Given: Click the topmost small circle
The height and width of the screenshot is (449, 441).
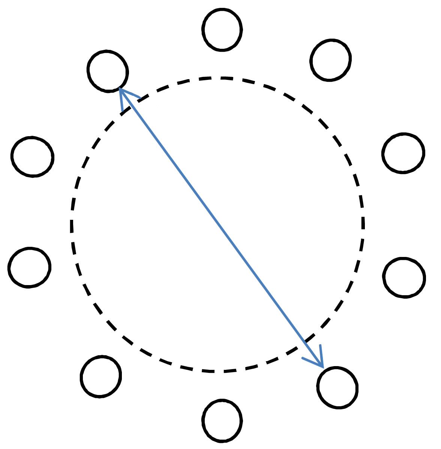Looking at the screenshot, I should [x=222, y=29].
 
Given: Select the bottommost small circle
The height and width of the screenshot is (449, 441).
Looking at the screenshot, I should [x=222, y=420].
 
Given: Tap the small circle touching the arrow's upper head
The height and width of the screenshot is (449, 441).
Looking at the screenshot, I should [x=108, y=71].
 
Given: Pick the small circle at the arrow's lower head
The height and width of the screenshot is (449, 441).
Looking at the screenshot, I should [x=337, y=387].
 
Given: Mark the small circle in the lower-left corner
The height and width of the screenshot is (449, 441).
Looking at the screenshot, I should [x=101, y=376].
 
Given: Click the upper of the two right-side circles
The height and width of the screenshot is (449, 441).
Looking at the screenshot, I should [x=403, y=153].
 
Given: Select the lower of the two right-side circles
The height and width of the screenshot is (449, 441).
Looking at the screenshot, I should [x=404, y=278].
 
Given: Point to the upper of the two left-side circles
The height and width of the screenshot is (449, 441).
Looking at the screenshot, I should [x=33, y=156].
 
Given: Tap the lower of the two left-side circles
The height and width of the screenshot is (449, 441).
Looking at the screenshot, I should [x=29, y=267].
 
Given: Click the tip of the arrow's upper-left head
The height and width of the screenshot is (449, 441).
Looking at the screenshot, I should [x=120, y=89].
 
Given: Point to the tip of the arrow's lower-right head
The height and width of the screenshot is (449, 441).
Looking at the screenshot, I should [x=322, y=367].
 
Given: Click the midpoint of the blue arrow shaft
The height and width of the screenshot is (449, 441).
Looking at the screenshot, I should [x=221, y=228].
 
